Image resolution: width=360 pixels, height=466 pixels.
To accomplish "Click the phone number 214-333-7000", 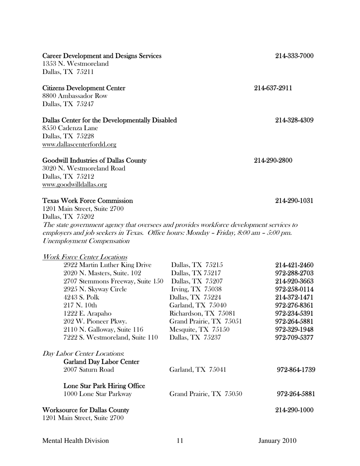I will (x=294, y=56).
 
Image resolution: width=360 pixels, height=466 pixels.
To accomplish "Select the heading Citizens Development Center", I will (x=84, y=88).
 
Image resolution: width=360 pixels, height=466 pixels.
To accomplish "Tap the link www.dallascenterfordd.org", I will (x=79, y=144).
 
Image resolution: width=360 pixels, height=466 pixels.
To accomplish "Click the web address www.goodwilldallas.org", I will (x=75, y=185).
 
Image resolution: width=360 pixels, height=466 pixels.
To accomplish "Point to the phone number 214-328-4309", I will (x=294, y=120).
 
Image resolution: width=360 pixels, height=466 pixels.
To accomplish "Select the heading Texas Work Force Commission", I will (x=88, y=200).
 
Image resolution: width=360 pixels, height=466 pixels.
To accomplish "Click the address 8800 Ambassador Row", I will (x=75, y=96).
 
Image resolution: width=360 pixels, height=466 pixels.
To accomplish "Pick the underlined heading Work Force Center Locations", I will (x=85, y=257).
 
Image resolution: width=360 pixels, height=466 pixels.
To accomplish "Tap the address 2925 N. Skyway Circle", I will (x=95, y=289).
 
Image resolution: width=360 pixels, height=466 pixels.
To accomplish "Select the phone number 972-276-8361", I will (x=294, y=305).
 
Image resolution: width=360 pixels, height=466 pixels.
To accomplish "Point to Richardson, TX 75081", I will (x=202, y=313).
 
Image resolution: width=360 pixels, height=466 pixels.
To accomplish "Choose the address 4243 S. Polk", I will (x=81, y=297).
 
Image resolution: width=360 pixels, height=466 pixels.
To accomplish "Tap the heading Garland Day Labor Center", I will (x=101, y=362).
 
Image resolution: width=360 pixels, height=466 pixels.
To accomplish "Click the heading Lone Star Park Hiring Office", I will (x=104, y=386).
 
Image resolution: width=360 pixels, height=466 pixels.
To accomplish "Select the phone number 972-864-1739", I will (x=296, y=370).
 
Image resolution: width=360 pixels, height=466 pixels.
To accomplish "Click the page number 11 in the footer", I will (x=180, y=441).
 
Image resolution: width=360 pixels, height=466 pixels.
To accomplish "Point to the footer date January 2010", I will (x=277, y=441).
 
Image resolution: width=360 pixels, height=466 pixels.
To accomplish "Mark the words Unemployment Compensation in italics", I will (x=86, y=241).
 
